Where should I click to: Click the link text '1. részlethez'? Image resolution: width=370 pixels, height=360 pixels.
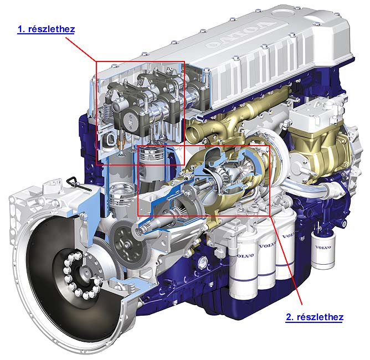(x=47, y=29)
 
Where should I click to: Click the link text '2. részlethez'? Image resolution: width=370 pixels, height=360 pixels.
(x=314, y=317)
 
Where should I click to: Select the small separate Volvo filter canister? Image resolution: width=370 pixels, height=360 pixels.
(x=323, y=250)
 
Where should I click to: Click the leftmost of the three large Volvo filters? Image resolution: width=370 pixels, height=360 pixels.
(x=243, y=269)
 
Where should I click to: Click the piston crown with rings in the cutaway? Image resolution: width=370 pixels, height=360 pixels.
(x=152, y=155)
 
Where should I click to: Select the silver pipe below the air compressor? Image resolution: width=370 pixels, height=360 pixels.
(x=307, y=189)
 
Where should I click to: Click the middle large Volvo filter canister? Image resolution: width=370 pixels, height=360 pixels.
(x=267, y=262)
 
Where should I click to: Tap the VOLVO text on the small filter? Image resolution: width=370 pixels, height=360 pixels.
(x=323, y=247)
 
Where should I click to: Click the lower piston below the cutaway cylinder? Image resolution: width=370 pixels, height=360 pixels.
(x=122, y=196)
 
